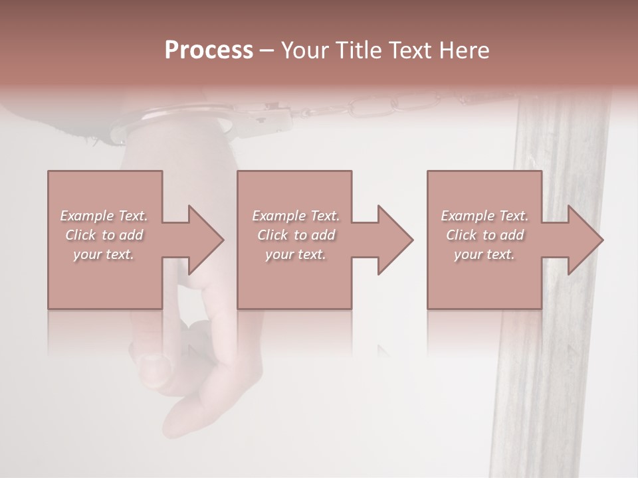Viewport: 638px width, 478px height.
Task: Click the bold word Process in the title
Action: pyautogui.click(x=209, y=50)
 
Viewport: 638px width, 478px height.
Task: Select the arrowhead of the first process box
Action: pyautogui.click(x=203, y=240)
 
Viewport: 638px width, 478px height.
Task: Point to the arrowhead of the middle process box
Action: pyautogui.click(x=393, y=240)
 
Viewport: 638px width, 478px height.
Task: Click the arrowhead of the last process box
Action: pyautogui.click(x=584, y=240)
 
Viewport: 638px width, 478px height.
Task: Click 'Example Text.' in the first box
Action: pyautogui.click(x=104, y=216)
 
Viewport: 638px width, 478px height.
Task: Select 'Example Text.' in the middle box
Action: pyautogui.click(x=295, y=216)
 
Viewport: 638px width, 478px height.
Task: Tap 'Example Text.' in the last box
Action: pyautogui.click(x=484, y=216)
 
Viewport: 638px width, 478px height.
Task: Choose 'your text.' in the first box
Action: pyautogui.click(x=104, y=254)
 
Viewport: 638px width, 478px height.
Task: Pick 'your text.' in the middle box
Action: pyautogui.click(x=295, y=254)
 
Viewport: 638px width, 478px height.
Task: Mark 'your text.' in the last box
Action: pyautogui.click(x=484, y=254)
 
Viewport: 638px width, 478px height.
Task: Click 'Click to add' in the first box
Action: pyautogui.click(x=104, y=235)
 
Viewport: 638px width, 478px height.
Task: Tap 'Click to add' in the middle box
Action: pyautogui.click(x=295, y=235)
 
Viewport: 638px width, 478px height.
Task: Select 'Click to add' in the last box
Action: pyautogui.click(x=484, y=235)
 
